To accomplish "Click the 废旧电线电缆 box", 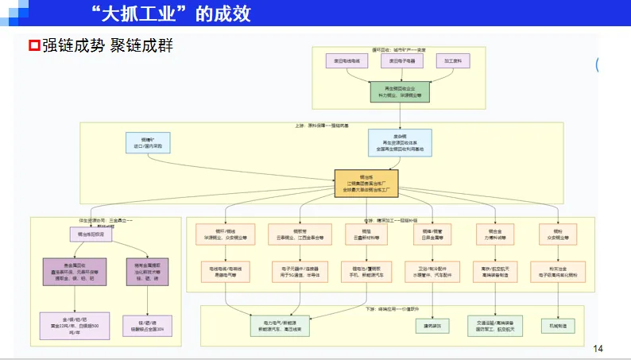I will (x=347, y=61).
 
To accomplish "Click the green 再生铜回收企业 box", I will (x=400, y=91).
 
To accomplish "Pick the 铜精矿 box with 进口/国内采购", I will (x=146, y=142).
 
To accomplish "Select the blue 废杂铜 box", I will (x=399, y=142).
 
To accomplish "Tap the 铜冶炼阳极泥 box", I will (x=91, y=234).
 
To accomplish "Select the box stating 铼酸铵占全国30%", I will (x=147, y=325).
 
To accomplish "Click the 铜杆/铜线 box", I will (x=225, y=234).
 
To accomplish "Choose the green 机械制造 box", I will (x=560, y=324).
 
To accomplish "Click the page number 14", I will (x=598, y=348).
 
